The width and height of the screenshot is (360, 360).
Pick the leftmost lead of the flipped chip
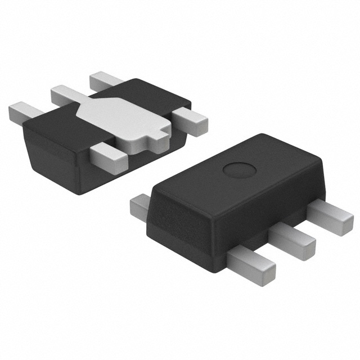pos(20,110)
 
